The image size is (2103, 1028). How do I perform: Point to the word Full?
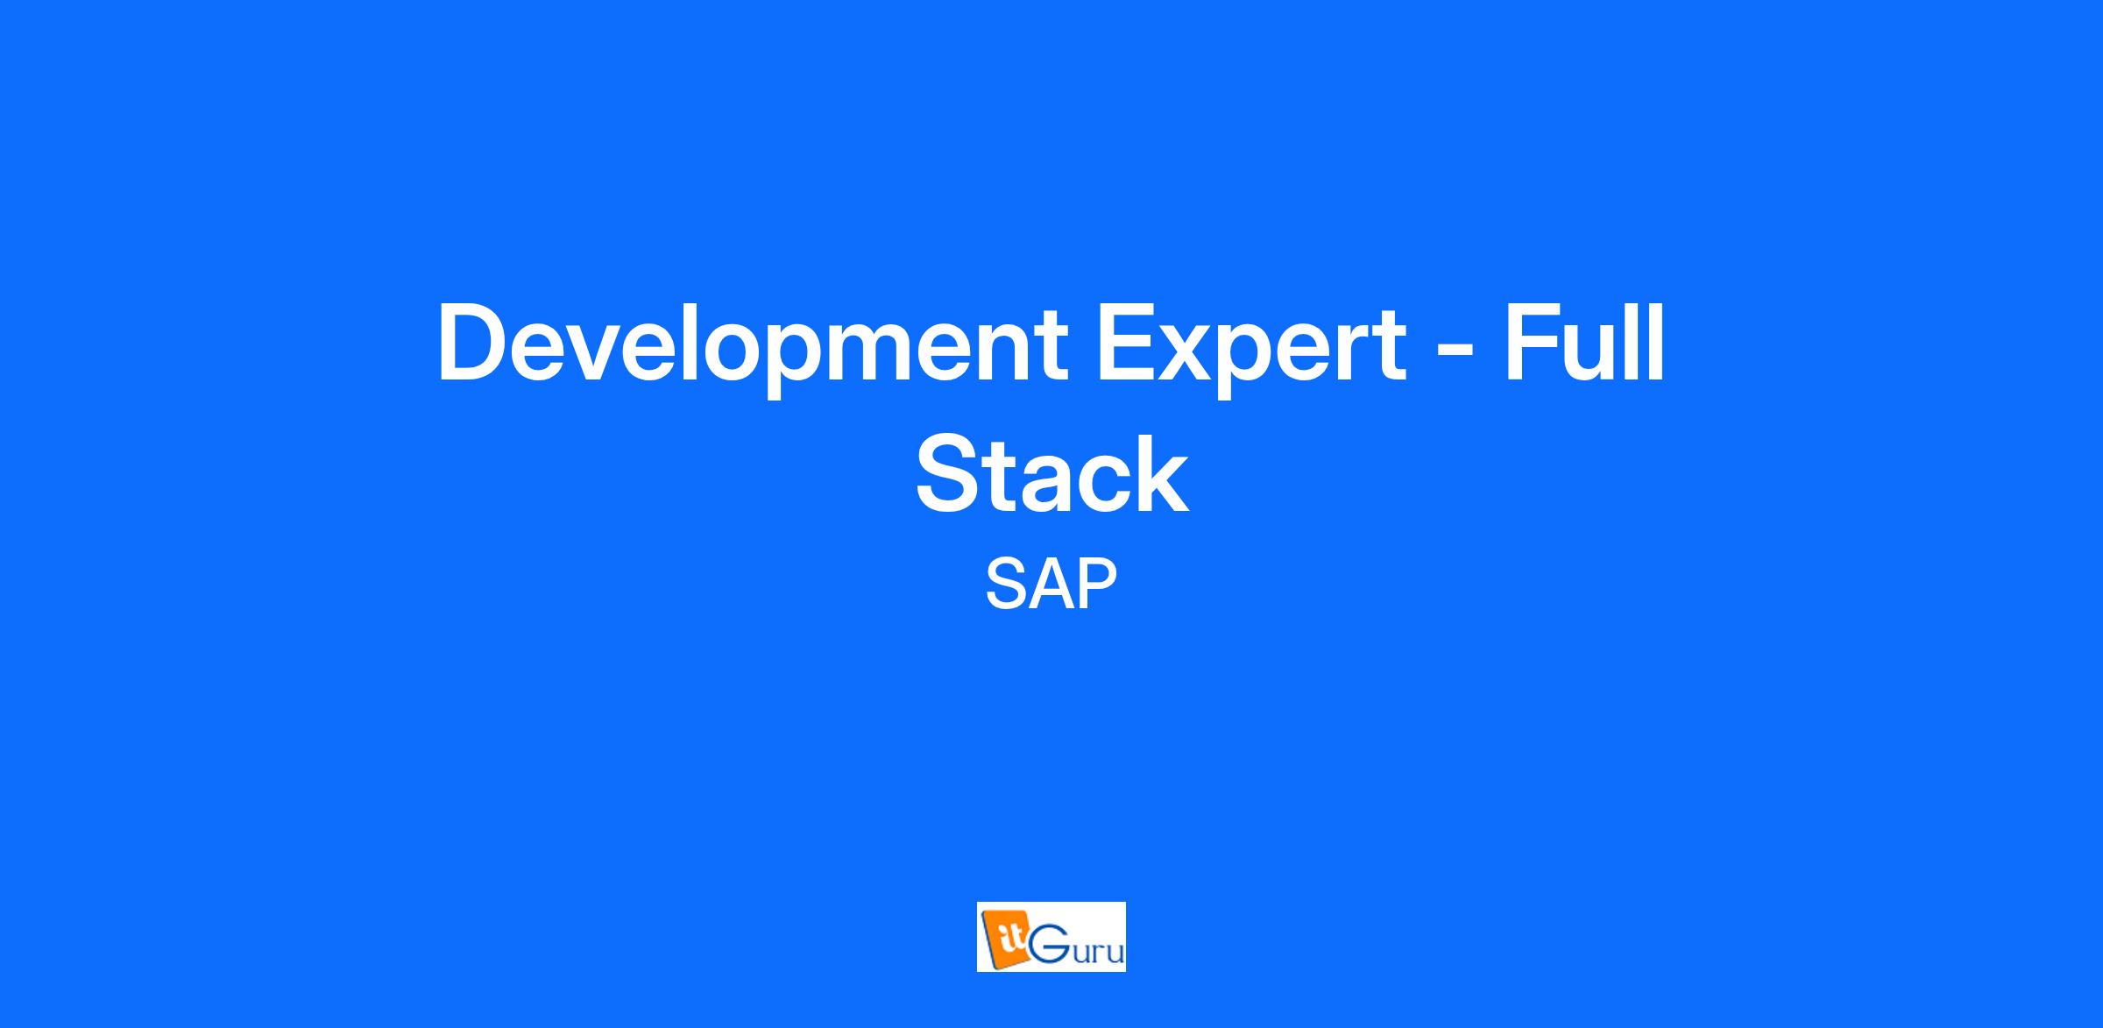[1584, 342]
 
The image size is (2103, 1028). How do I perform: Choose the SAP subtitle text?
[1051, 585]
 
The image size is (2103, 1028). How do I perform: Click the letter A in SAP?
[1050, 585]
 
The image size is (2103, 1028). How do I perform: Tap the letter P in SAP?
[1098, 585]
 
